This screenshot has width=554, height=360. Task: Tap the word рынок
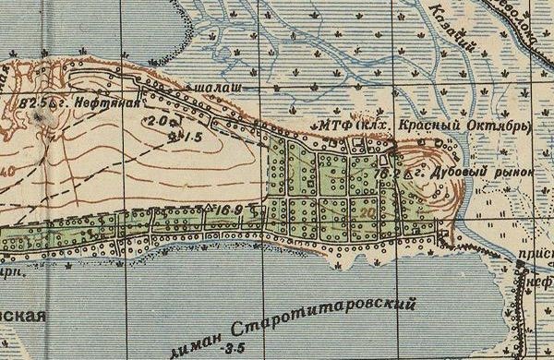(x=513, y=173)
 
